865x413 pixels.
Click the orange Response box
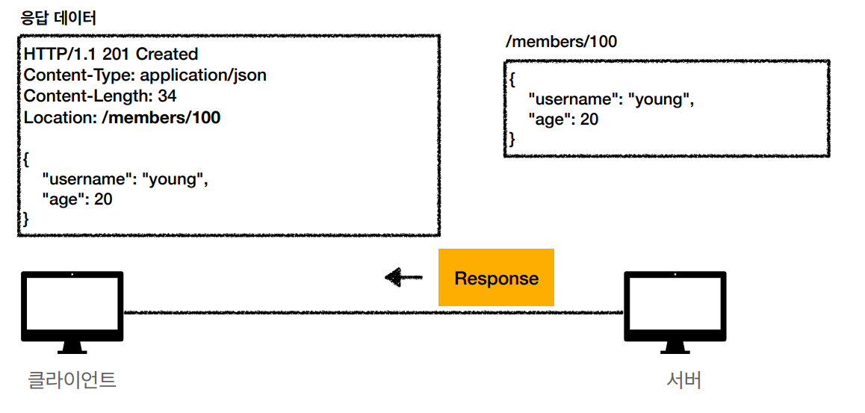point(496,277)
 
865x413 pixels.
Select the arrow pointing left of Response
point(404,277)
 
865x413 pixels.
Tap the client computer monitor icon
point(72,312)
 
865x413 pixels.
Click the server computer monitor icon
point(675,312)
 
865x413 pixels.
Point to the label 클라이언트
point(72,380)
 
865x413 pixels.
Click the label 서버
point(684,380)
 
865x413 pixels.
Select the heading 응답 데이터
point(58,19)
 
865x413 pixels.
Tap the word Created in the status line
point(167,54)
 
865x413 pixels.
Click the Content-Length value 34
point(167,96)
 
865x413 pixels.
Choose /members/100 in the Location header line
point(161,117)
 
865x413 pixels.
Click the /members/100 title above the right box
point(562,41)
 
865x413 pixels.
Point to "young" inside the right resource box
point(661,100)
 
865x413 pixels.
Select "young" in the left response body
point(176,179)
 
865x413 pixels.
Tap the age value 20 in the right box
point(589,119)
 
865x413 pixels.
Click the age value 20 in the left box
point(103,199)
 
